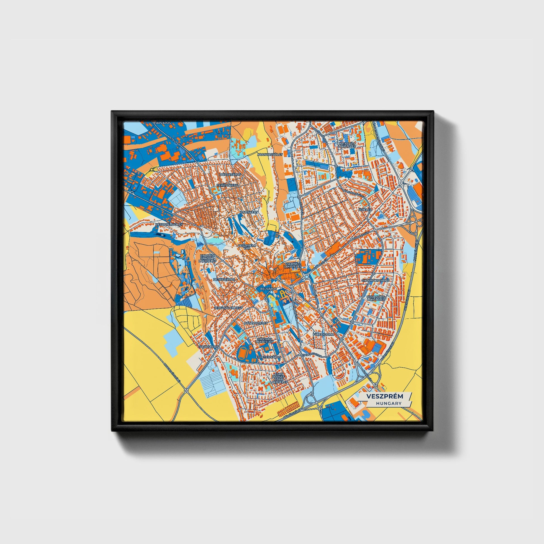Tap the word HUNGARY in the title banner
click(388, 403)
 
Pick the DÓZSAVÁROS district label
click(231, 174)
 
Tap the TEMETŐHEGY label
click(228, 186)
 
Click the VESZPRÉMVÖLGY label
click(169, 224)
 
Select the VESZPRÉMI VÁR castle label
click(247, 247)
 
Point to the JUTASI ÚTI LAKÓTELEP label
click(347, 145)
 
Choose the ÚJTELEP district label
click(365, 210)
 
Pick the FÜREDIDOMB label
click(323, 335)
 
